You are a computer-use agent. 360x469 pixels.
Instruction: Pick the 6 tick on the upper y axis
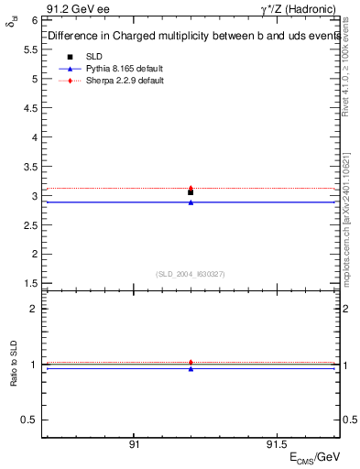34,20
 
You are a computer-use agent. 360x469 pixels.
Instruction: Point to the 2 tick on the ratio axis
34,309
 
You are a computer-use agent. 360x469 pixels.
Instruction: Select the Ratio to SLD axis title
13,365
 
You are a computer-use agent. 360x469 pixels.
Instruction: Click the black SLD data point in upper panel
191,192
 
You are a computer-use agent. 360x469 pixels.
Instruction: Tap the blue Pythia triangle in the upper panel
191,202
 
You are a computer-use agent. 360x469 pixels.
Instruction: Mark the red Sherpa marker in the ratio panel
191,362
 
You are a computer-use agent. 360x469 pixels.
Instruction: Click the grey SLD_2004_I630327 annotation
191,274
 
